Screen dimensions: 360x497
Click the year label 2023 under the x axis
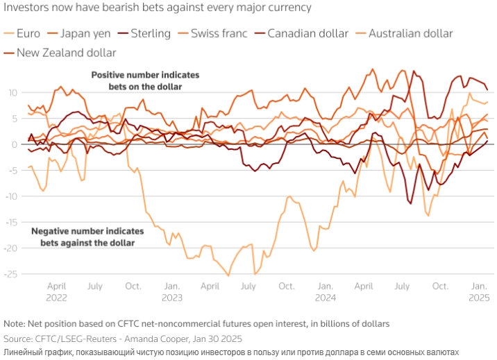click(172, 298)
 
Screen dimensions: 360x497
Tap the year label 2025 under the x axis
click(478, 298)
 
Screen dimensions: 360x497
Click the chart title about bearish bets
click(158, 8)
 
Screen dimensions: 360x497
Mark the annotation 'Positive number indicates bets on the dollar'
click(145, 80)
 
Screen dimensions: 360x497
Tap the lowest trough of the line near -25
click(228, 276)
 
